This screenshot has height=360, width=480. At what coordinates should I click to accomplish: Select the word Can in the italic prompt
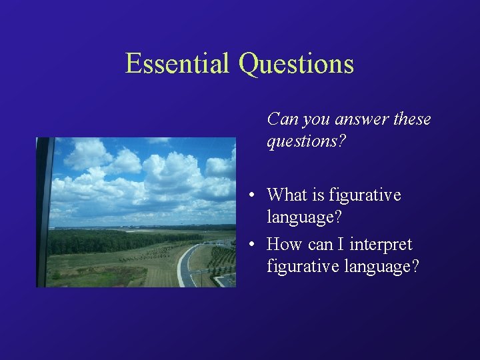282,119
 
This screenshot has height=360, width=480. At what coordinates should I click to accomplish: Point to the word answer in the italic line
359,119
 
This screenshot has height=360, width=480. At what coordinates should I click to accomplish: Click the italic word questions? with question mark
306,142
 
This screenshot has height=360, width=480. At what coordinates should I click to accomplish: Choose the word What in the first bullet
286,195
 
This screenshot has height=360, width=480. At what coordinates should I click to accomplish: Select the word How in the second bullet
285,244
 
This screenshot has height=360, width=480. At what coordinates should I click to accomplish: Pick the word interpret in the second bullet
380,244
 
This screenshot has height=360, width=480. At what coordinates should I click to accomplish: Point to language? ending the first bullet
301,217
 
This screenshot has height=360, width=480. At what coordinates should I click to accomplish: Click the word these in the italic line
412,119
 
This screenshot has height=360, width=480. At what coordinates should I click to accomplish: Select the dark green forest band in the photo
120,241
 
